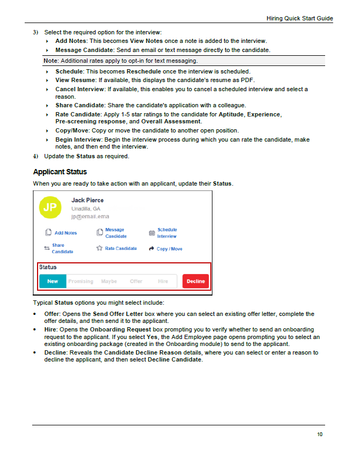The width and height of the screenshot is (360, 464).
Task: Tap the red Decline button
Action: [195, 281]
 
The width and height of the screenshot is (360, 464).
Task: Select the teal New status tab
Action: [53, 281]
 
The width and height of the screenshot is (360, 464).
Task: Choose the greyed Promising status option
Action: [80, 281]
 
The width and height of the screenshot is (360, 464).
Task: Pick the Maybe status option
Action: [109, 281]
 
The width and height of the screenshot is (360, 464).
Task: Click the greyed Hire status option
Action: [163, 281]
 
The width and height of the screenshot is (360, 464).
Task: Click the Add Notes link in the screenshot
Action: [65, 233]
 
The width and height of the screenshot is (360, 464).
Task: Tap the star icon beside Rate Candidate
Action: [99, 248]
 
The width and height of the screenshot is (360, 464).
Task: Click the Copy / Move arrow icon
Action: [151, 249]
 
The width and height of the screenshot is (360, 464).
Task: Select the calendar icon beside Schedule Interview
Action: [151, 233]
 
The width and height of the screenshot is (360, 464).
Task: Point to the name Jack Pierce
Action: [87, 200]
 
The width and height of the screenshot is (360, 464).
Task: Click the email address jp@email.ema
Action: [90, 217]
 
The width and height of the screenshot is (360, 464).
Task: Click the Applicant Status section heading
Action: [60, 172]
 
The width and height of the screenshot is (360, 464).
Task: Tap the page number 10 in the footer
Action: [320, 434]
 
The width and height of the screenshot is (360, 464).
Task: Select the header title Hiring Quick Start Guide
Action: [299, 18]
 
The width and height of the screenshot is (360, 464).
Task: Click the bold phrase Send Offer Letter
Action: [117, 314]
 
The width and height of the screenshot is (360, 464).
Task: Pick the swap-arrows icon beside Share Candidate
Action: [47, 248]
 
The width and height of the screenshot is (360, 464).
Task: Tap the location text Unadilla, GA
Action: [86, 209]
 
